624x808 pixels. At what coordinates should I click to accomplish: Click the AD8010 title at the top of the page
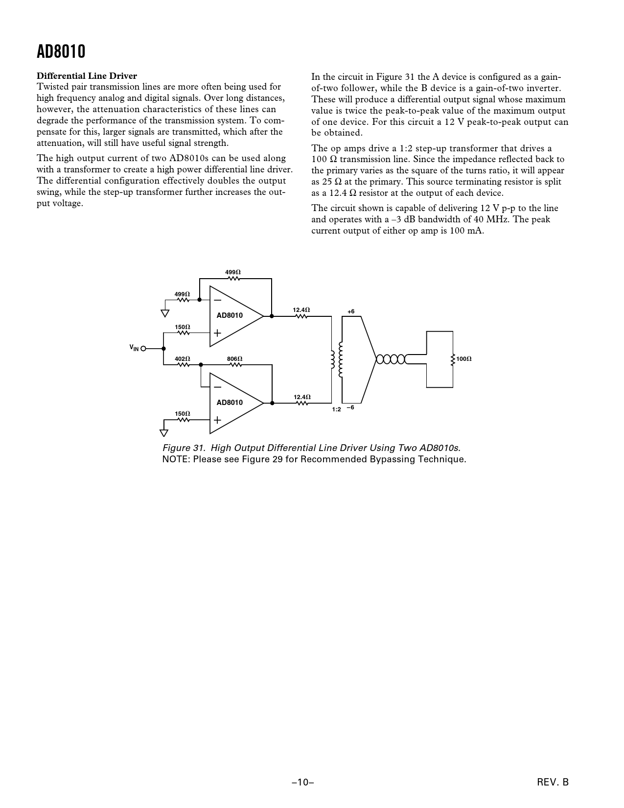click(x=61, y=51)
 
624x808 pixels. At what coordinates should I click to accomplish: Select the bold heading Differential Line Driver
click(x=87, y=76)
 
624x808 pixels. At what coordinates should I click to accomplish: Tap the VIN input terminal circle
click(x=143, y=349)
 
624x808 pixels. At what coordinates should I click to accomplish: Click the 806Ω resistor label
click(x=234, y=359)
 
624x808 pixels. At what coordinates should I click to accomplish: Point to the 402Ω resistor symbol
click(x=183, y=365)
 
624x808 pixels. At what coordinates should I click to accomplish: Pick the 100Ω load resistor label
click(x=463, y=359)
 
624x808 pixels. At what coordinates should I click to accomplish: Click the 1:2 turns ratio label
click(x=336, y=409)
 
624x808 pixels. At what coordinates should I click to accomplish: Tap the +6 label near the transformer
click(x=350, y=311)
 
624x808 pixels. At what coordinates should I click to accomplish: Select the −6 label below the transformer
click(x=350, y=407)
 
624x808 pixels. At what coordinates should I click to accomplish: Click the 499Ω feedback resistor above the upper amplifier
click(x=233, y=278)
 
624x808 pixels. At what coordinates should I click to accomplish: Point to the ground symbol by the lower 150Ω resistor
click(x=163, y=432)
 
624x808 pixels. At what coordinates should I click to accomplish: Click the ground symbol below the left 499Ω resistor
click(x=165, y=313)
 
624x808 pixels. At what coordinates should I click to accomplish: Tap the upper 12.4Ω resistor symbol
click(x=301, y=316)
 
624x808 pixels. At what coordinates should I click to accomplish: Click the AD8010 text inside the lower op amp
click(x=230, y=403)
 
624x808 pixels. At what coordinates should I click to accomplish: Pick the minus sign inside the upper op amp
click(x=217, y=300)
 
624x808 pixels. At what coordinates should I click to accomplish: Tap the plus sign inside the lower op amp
click(x=217, y=420)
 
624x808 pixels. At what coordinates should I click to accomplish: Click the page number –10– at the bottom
click(x=302, y=783)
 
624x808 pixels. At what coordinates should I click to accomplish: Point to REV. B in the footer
click(x=553, y=783)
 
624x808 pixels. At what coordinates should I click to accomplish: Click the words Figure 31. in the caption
click(x=184, y=448)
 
